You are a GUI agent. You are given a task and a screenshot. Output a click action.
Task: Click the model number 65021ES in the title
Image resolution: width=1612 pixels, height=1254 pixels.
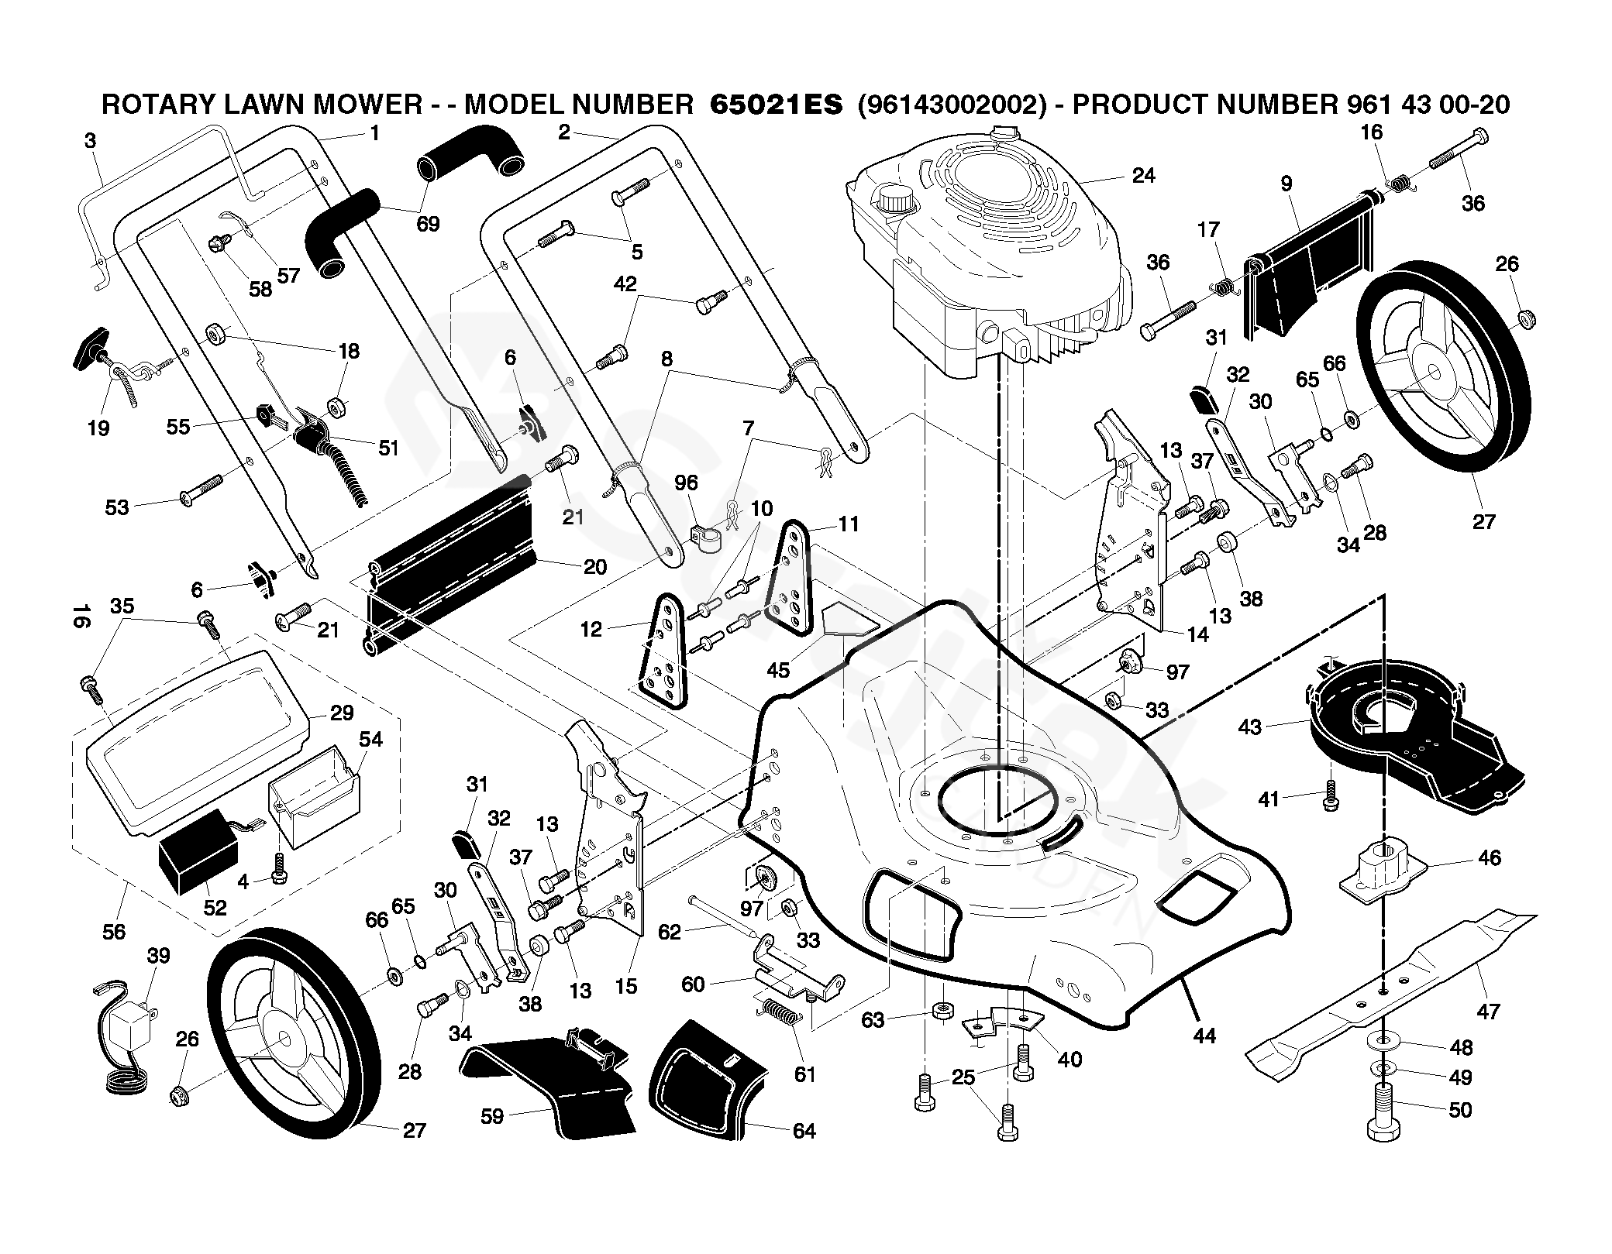776,105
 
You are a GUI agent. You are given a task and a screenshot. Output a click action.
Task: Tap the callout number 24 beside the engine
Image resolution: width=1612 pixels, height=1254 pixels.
1143,176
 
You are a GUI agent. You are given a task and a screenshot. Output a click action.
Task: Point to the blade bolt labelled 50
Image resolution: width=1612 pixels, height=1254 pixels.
1385,1112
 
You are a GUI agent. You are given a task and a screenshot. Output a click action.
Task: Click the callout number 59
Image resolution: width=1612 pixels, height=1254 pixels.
491,1115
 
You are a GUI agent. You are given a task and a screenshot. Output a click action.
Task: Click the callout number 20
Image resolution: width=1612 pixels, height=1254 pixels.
594,567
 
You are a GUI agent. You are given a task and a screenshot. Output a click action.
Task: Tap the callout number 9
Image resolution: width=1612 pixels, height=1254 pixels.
1286,184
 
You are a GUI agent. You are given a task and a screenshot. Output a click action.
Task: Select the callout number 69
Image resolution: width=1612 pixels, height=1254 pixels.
428,224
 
